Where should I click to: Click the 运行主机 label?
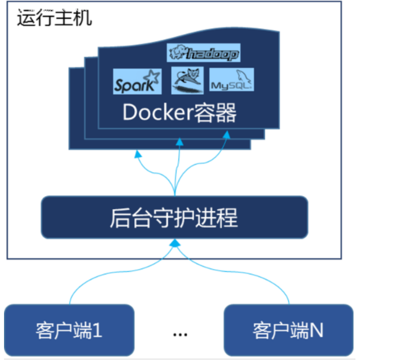click(54, 18)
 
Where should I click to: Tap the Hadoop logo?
click(203, 53)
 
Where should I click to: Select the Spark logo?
click(136, 81)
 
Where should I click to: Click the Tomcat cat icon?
click(187, 80)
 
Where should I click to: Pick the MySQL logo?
click(231, 80)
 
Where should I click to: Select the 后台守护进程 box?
click(174, 218)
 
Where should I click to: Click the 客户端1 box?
click(69, 330)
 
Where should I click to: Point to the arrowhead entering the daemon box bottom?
click(175, 243)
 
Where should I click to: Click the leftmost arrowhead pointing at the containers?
click(138, 155)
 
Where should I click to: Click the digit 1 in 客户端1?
click(97, 330)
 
